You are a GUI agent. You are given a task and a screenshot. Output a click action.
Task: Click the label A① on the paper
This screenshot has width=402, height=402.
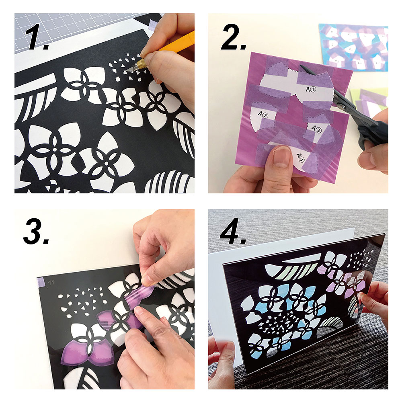pyautogui.click(x=311, y=89)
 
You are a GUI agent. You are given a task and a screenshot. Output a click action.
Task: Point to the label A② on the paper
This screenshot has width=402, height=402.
pyautogui.click(x=263, y=114)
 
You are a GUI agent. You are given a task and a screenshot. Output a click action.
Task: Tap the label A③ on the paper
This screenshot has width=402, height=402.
pyautogui.click(x=316, y=129)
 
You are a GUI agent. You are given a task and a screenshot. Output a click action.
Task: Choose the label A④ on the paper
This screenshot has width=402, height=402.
pyautogui.click(x=300, y=157)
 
